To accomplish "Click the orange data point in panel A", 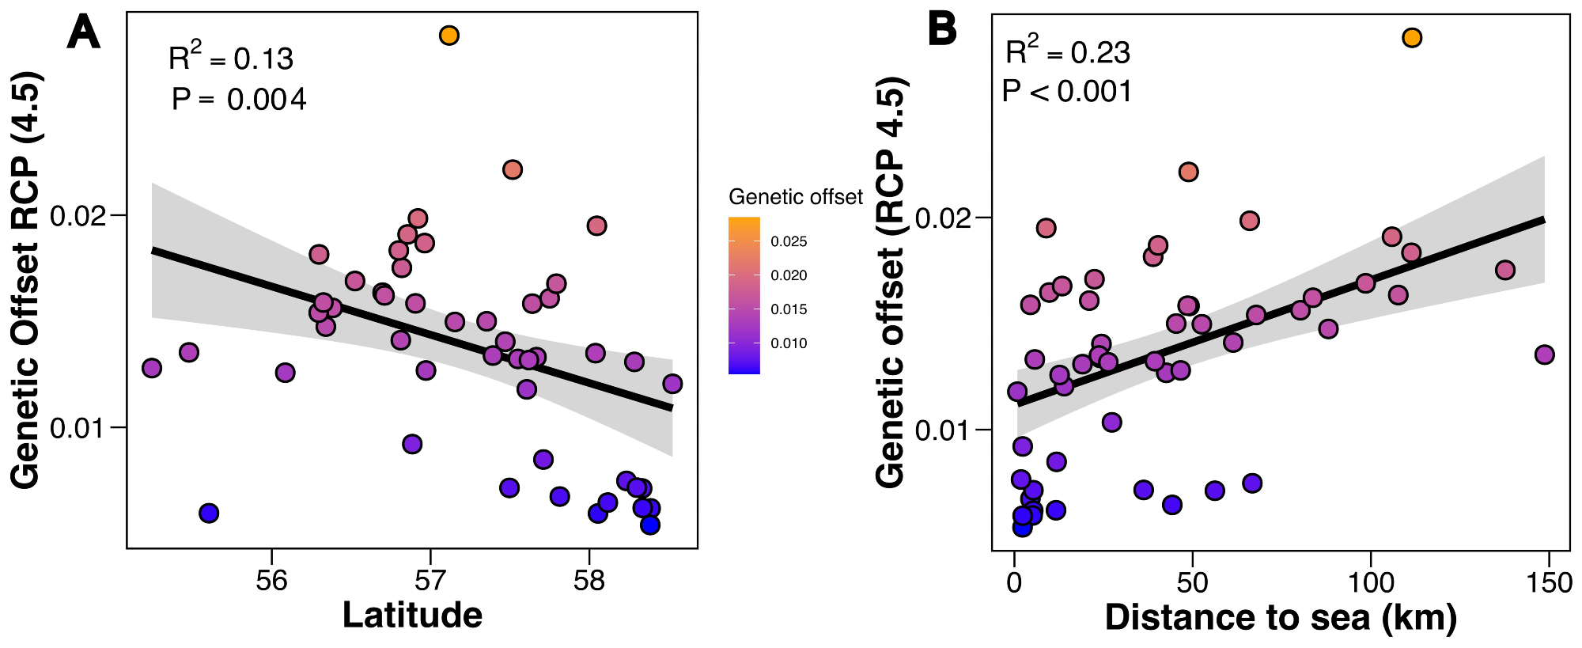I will point(449,36).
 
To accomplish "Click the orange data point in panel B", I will point(1412,38).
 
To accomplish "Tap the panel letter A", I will point(84,33).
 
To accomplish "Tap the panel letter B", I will point(942,30).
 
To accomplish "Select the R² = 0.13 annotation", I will point(230,58).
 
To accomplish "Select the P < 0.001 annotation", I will point(1067,92).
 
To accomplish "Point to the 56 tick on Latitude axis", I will point(272,581).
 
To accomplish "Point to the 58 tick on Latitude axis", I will point(589,581).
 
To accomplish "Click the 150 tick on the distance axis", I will point(1548,583).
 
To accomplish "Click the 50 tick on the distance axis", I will point(1192,583).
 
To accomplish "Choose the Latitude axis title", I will point(412,616).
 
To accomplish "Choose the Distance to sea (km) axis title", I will point(1281,618).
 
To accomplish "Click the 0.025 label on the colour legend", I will point(789,242).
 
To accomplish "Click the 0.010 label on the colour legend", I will point(789,343).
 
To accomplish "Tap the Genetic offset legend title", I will point(795,197).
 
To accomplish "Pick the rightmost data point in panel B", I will point(1544,355).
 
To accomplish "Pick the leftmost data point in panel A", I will point(152,368).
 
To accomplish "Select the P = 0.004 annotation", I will point(239,100).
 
